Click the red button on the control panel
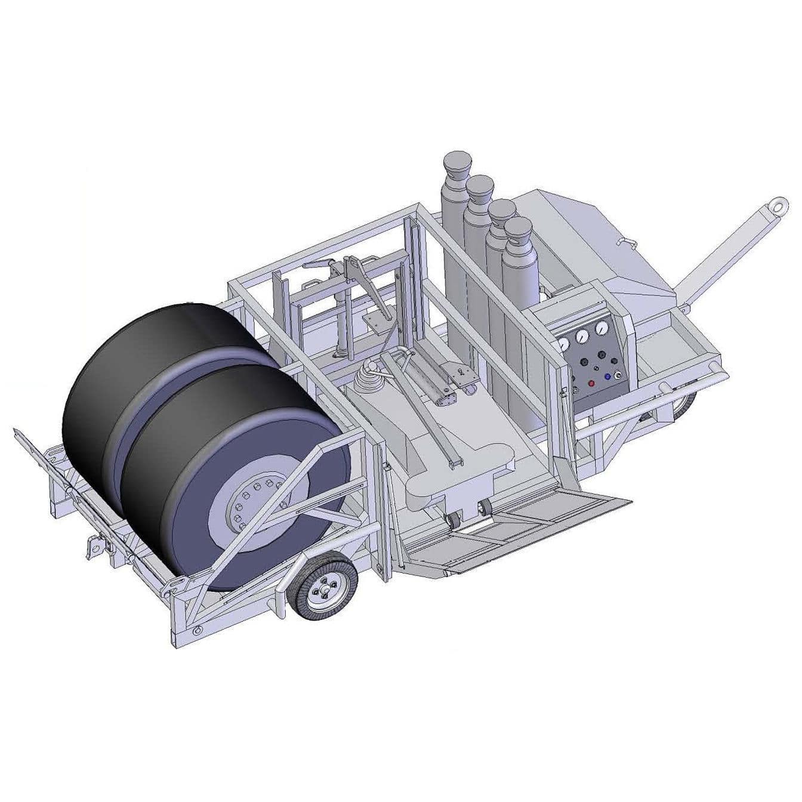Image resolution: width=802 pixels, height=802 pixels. pos(592,383)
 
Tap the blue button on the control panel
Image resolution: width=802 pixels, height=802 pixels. pos(607,377)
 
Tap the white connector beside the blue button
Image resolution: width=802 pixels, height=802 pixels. pos(618,375)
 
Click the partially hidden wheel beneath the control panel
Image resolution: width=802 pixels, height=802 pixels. pos(686,406)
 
